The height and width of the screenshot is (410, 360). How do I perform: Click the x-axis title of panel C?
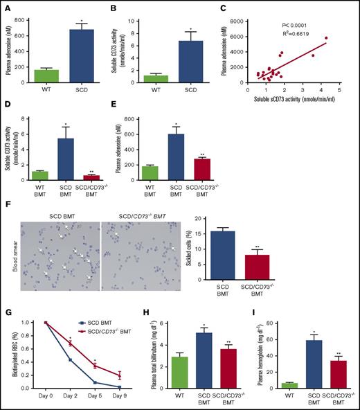point(296,99)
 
